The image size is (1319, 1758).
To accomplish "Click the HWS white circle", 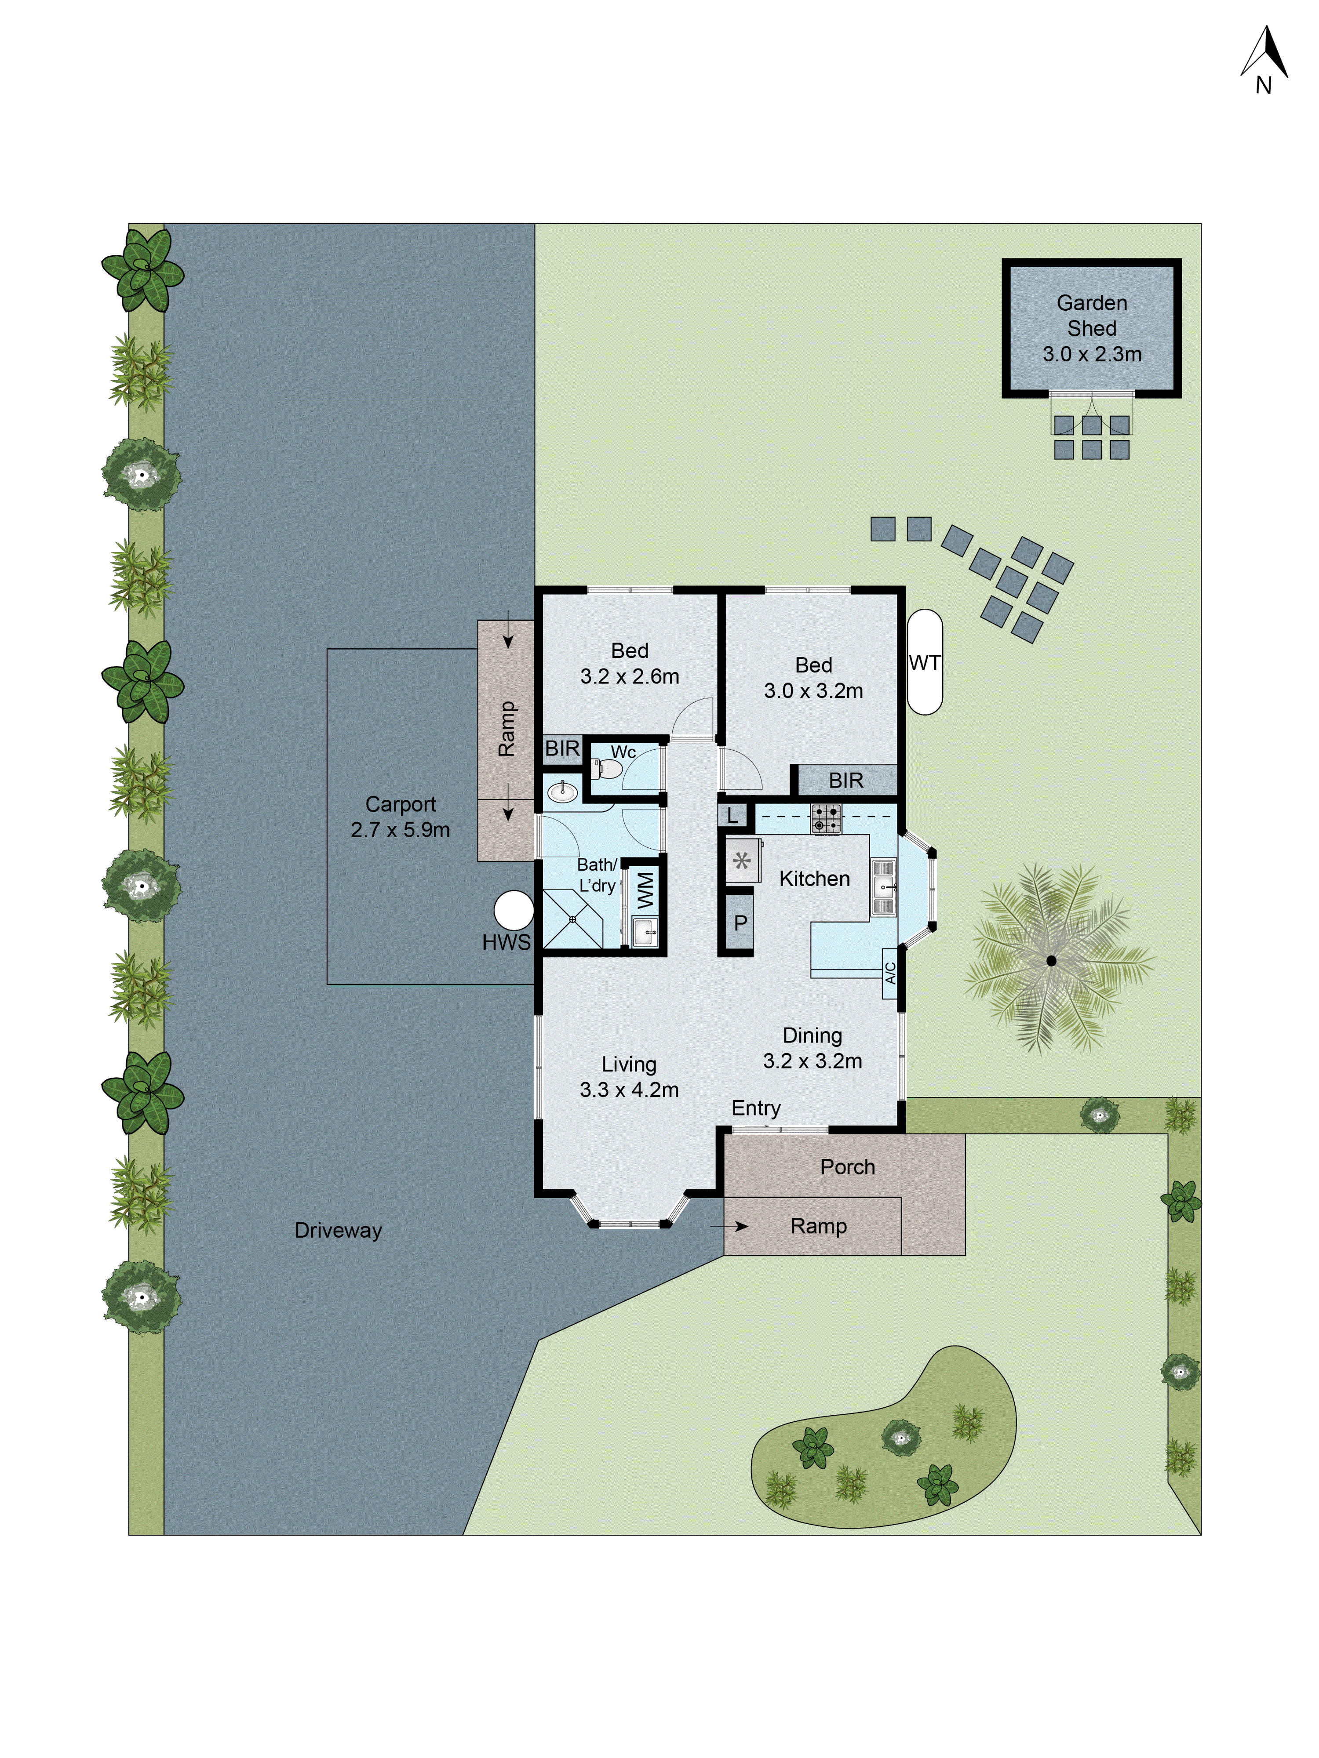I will [x=514, y=910].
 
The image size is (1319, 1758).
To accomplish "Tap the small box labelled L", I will [x=732, y=815].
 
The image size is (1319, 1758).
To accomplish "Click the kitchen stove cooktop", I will [x=825, y=819].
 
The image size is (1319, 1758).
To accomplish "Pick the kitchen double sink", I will [x=882, y=887].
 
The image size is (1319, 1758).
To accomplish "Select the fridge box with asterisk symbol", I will [x=743, y=861].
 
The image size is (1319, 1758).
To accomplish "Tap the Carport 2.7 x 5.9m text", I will [x=400, y=817].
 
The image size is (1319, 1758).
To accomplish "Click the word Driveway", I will [x=338, y=1230].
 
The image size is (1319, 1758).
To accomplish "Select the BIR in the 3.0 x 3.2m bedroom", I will [x=846, y=781].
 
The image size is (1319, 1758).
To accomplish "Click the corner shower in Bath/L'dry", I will [x=572, y=919].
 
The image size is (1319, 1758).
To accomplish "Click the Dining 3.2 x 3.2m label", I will [x=812, y=1047].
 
